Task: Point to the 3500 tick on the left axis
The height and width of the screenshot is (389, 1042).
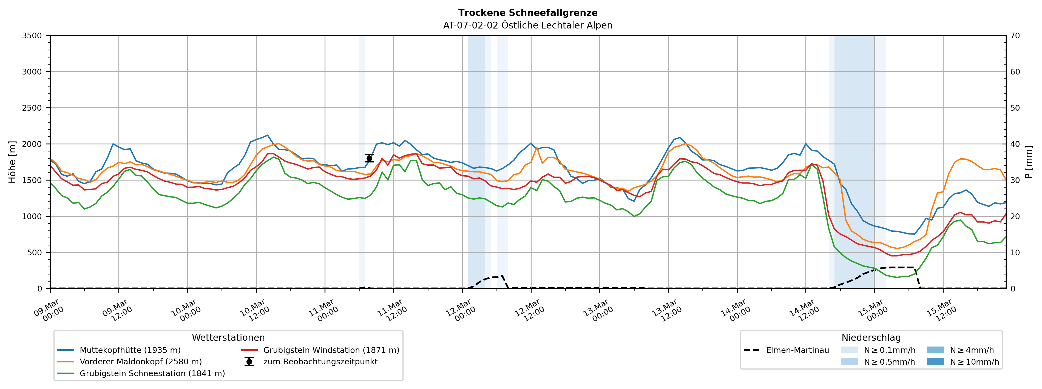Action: [32, 36]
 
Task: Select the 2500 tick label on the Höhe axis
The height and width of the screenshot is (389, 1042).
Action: [32, 108]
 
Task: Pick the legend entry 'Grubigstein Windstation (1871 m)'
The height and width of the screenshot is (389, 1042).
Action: [331, 350]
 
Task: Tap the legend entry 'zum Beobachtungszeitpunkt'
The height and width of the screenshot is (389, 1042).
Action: [320, 362]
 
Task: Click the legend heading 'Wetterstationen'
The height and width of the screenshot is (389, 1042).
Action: [228, 338]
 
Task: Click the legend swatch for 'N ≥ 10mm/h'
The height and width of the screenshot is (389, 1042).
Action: [935, 362]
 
